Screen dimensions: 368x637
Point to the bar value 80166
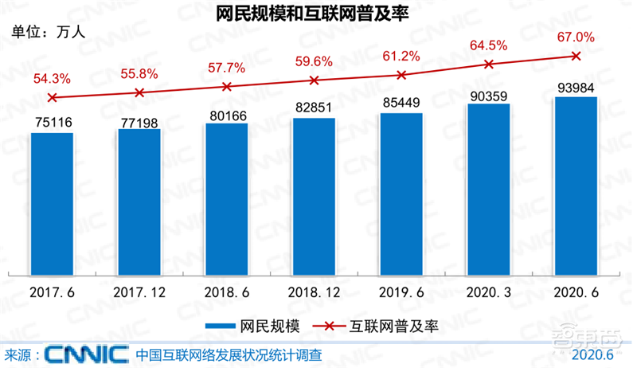point(227,115)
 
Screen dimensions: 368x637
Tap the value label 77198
point(139,121)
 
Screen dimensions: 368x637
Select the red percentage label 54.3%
point(53,78)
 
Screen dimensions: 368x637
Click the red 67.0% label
point(576,37)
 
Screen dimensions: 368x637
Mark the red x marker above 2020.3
point(489,64)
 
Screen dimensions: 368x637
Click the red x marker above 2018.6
point(227,86)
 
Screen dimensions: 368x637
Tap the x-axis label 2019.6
point(401,292)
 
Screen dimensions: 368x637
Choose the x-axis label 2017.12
point(139,292)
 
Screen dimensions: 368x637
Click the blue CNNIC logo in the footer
point(86,353)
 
